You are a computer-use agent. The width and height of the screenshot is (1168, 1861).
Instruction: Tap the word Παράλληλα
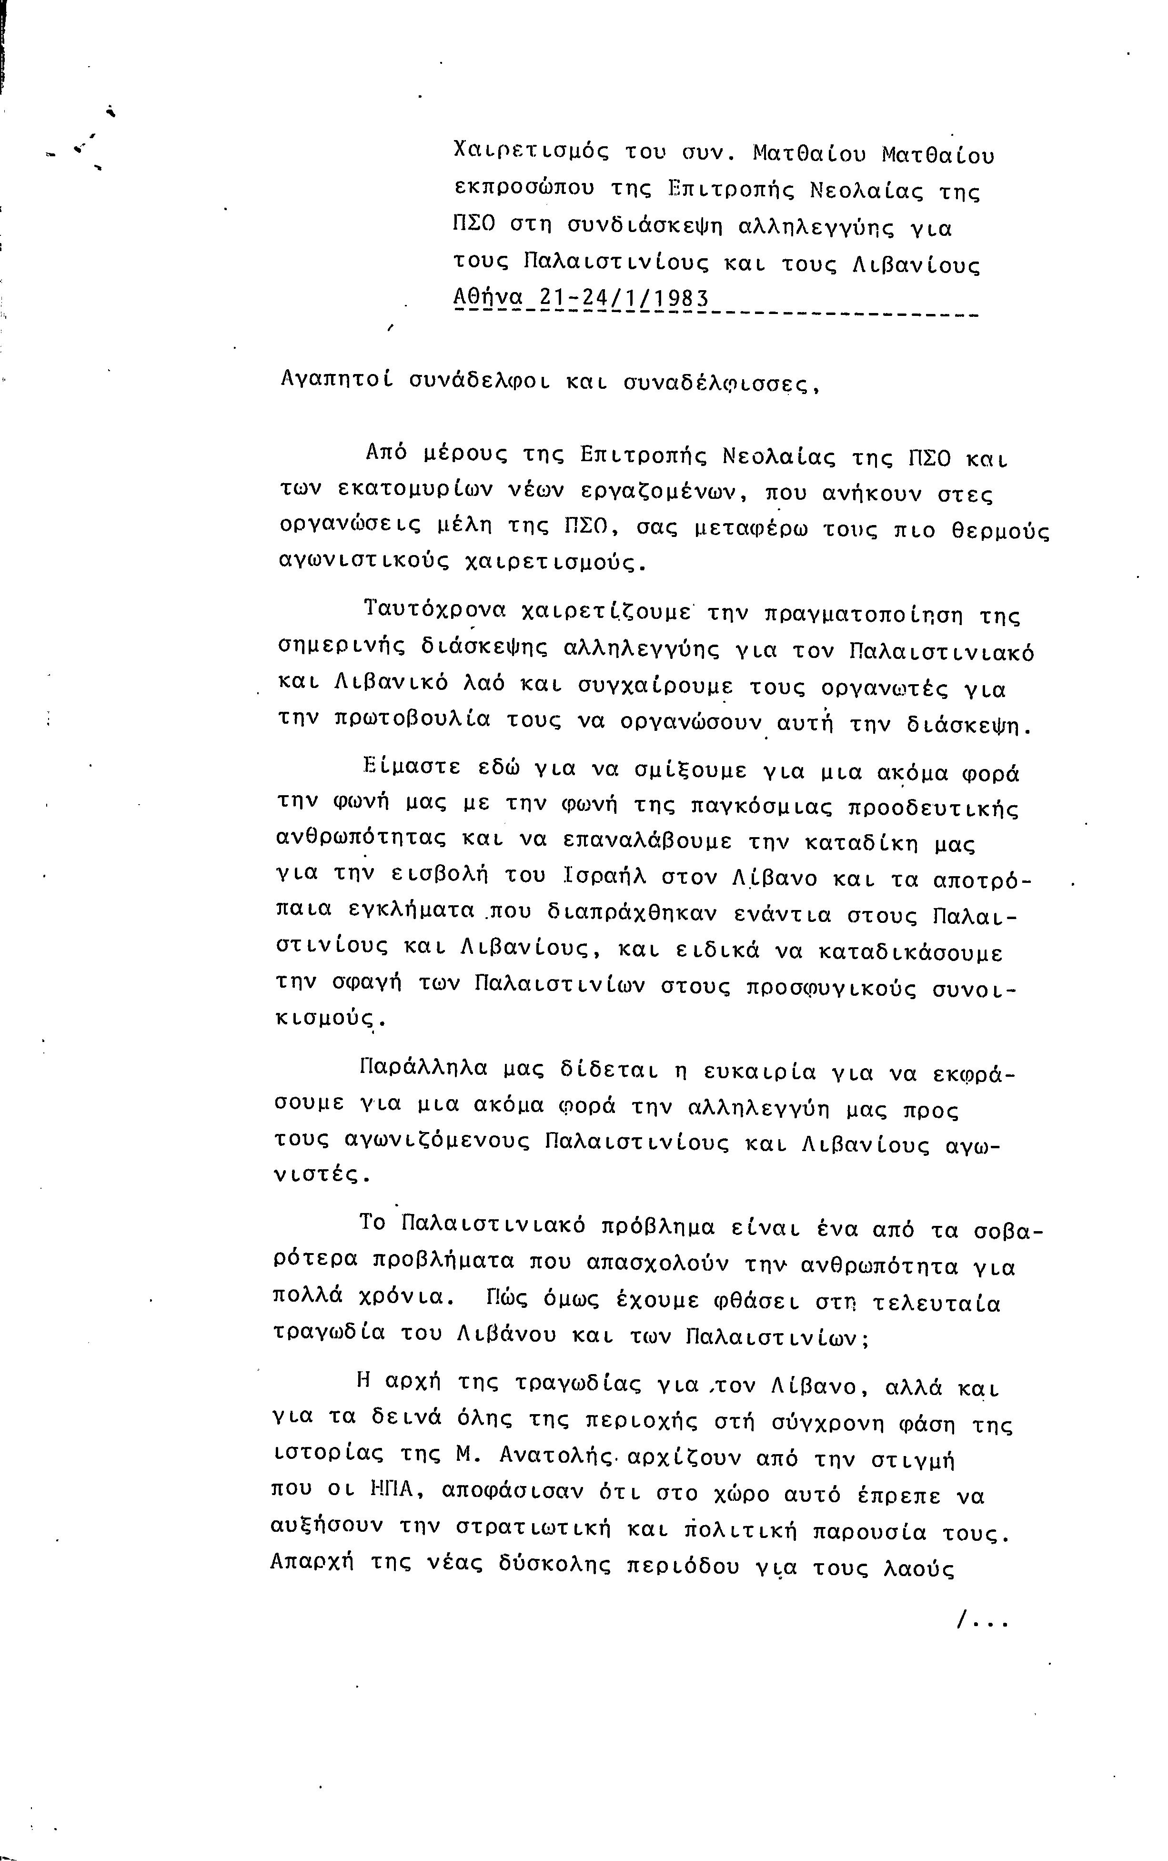[x=424, y=1069]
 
